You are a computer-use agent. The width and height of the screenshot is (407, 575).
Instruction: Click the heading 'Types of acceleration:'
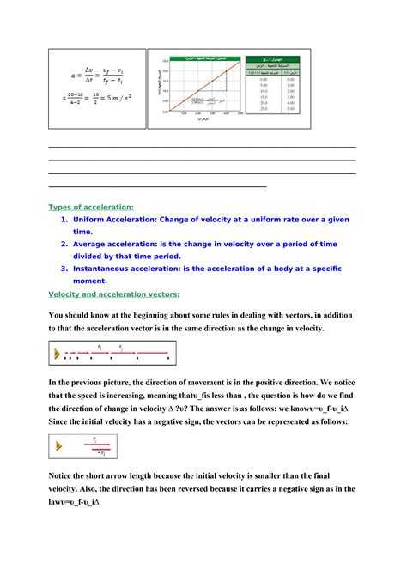pyautogui.click(x=90, y=207)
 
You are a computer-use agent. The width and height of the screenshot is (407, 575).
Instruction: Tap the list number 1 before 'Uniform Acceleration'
pyautogui.click(x=64, y=220)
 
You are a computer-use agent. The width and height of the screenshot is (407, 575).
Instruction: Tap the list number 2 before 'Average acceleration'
pyautogui.click(x=64, y=244)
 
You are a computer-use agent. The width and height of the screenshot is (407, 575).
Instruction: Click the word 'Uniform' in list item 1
pyautogui.click(x=94, y=220)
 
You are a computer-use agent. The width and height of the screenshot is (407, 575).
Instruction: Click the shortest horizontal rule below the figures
pyautogui.click(x=158, y=185)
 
